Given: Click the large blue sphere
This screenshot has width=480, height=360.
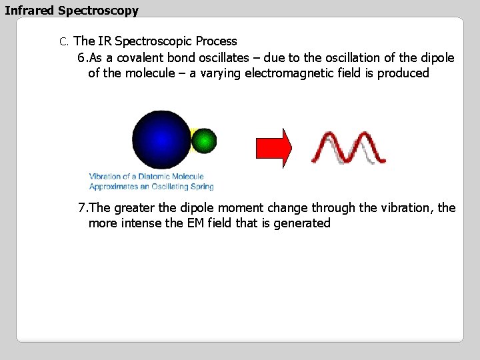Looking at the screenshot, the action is (161, 139).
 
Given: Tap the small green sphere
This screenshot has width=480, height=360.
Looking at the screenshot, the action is (204, 141).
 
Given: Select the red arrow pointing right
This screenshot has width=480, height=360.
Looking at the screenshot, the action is (274, 148).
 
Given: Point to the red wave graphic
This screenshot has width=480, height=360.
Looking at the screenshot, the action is (349, 147).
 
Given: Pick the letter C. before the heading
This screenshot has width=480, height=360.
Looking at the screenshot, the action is (64, 42).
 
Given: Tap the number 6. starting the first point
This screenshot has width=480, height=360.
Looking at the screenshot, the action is (83, 58).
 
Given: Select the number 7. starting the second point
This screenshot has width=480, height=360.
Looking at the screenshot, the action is (83, 208).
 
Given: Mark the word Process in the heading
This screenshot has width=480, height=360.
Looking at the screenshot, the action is (216, 41).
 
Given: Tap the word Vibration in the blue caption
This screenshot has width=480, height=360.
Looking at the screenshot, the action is (105, 177).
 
